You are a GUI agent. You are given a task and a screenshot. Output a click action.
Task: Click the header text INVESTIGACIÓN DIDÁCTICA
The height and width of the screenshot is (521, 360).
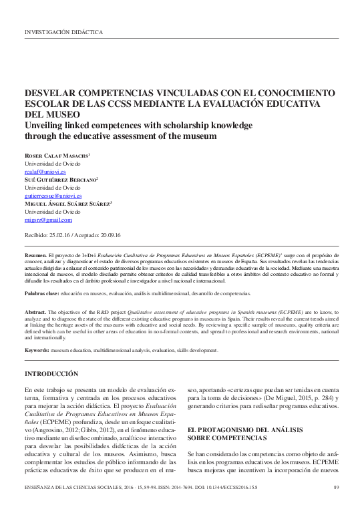pos(63,31)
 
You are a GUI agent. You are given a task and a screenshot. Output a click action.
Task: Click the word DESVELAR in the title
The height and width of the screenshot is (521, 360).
pos(54,95)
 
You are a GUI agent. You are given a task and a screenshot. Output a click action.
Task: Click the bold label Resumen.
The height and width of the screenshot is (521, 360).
pos(35,255)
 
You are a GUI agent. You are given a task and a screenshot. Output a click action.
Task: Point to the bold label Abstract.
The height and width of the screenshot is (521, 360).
pos(35,313)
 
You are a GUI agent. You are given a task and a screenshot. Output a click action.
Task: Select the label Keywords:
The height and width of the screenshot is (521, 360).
pos(37,350)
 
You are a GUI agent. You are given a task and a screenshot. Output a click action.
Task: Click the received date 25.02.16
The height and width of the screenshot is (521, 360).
pos(63,236)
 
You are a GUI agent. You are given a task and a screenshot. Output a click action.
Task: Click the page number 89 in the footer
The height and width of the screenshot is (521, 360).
pos(335,504)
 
